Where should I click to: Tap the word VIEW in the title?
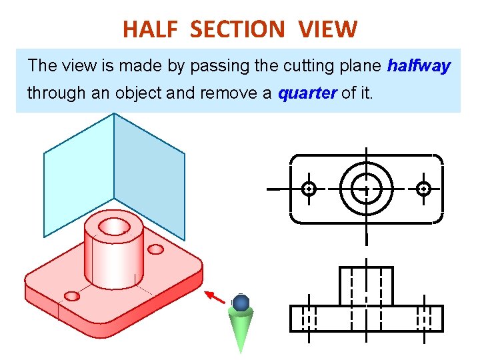tap(328, 29)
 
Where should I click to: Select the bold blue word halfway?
tap(419, 65)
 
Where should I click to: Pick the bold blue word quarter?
tap(307, 93)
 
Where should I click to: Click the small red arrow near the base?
tap(215, 297)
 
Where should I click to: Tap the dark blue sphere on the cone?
tap(241, 303)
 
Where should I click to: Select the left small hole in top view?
tap(309, 189)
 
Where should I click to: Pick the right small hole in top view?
tap(423, 189)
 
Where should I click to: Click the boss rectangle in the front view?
tap(366, 286)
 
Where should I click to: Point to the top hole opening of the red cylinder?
tap(114, 227)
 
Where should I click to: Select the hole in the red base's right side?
tap(155, 249)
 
